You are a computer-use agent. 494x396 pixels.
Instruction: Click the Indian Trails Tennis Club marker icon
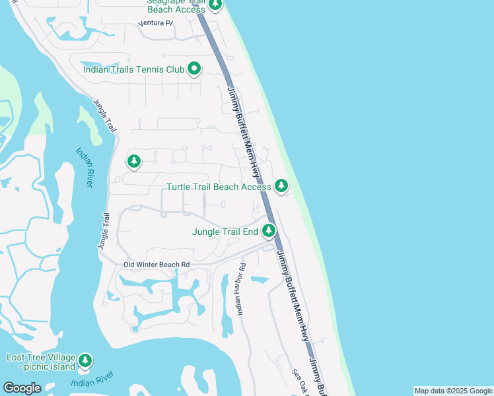194,68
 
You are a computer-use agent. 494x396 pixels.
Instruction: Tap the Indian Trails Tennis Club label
133,69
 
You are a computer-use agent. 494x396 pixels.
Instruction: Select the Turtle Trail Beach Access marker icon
282,186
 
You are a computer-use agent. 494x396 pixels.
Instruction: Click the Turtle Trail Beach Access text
218,187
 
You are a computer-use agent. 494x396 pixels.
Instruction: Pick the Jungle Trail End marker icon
269,231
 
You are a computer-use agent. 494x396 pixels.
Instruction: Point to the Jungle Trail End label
225,232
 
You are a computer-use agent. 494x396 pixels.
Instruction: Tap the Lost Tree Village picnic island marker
85,360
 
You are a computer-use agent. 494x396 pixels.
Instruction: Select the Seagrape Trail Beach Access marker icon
215,5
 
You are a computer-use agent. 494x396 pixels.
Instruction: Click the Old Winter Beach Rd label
157,265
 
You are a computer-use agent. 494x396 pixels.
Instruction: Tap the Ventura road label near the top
156,23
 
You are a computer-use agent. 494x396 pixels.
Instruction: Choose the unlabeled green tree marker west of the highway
134,161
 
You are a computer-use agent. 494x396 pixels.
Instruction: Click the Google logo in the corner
22,388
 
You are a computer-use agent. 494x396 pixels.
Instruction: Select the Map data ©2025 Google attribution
453,391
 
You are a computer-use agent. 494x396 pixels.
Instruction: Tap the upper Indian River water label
83,167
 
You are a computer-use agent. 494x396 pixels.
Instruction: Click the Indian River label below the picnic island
91,382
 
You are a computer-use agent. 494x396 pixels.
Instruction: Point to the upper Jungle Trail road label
105,115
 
